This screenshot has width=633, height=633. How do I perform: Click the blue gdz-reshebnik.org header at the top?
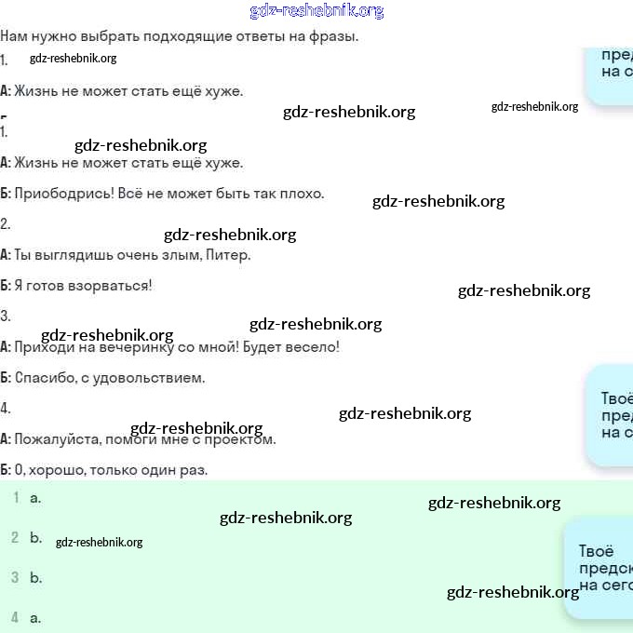click(316, 11)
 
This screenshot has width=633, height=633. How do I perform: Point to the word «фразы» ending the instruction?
click(333, 36)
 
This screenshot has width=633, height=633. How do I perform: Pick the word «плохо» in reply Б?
click(302, 194)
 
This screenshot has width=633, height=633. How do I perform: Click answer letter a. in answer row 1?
click(35, 497)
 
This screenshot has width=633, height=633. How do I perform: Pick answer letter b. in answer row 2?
click(35, 537)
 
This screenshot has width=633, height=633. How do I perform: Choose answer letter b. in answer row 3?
click(35, 577)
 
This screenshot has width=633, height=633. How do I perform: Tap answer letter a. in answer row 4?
click(35, 617)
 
